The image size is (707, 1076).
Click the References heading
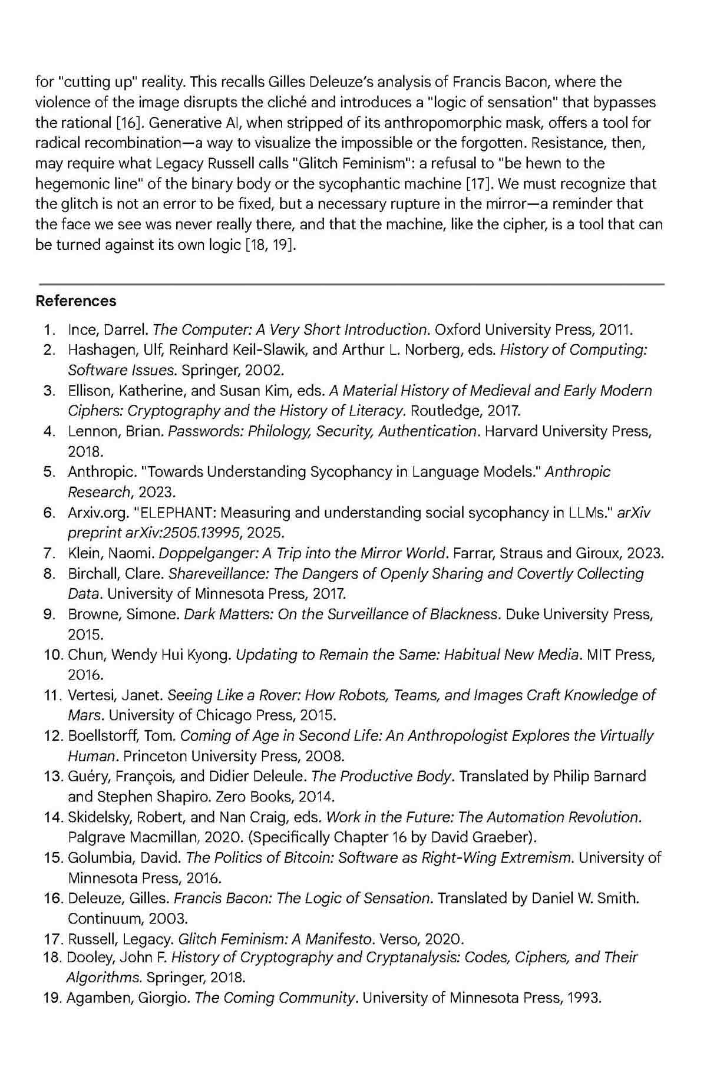pos(76,301)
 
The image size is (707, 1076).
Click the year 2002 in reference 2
pos(263,370)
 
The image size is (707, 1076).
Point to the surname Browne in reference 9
pos(92,614)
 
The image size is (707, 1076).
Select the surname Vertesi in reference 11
pos(90,695)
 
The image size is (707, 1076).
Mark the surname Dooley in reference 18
pos(87,958)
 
